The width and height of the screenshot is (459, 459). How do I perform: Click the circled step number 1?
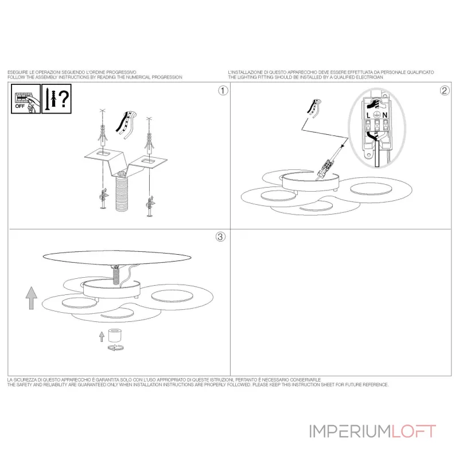[x=223, y=91]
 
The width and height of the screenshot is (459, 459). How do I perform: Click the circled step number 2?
[x=445, y=91]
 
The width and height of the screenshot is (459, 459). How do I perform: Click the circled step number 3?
[x=220, y=236]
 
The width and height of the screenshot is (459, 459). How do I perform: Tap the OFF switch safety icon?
[x=26, y=99]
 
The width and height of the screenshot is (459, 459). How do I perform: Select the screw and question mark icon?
[x=56, y=99]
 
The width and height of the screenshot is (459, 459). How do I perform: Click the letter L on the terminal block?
[x=368, y=115]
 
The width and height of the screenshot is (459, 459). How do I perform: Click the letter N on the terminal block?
[x=384, y=115]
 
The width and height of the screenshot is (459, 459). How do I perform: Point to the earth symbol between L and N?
[x=377, y=115]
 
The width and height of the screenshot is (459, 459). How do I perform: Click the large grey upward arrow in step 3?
[x=32, y=298]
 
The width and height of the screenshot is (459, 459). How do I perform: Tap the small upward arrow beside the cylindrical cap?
[x=102, y=337]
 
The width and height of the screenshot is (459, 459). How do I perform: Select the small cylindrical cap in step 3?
[x=115, y=336]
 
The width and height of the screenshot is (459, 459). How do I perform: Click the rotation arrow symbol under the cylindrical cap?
[x=116, y=348]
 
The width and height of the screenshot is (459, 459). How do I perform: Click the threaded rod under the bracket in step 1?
[x=122, y=192]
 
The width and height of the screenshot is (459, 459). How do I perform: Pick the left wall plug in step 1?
[x=103, y=135]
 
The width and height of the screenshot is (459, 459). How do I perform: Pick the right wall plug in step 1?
[x=149, y=143]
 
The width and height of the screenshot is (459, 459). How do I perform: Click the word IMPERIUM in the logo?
[x=350, y=431]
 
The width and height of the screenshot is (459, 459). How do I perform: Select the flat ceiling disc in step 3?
[x=117, y=257]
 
